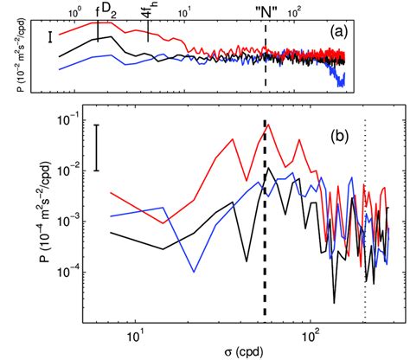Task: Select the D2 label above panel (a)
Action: pyautogui.click(x=108, y=9)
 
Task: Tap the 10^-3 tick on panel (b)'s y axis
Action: pyautogui.click(x=68, y=220)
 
